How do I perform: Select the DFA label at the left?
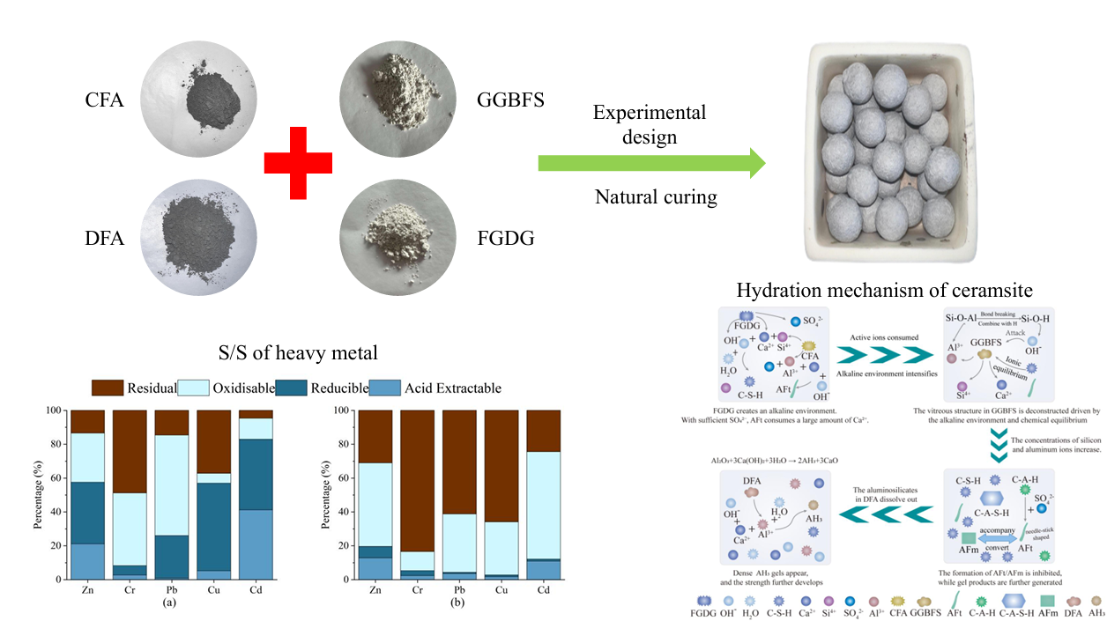click(105, 240)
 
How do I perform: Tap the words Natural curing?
click(654, 196)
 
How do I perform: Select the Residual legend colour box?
click(107, 388)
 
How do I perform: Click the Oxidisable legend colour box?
click(196, 388)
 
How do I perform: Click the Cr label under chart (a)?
click(130, 591)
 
